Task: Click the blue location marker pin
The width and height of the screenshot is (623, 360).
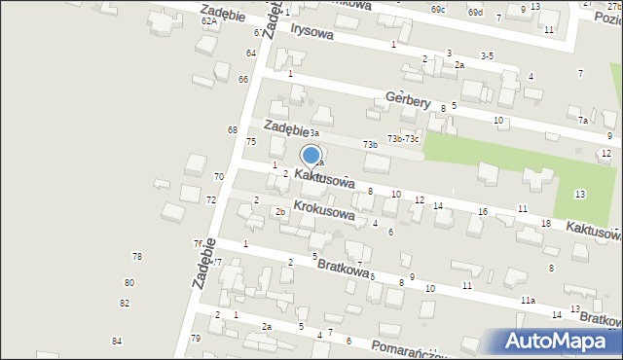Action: point(311,156)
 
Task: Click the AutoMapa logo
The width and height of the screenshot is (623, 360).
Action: point(560,341)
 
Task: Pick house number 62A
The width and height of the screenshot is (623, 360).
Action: point(209,20)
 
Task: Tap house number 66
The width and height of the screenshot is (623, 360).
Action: point(243,79)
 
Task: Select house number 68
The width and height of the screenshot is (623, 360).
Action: point(233,130)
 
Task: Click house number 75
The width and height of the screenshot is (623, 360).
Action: point(251,142)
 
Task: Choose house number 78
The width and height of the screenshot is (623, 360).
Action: point(137,256)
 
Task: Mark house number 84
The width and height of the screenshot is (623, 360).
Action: point(117,341)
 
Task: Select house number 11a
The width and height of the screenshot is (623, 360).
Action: point(528,301)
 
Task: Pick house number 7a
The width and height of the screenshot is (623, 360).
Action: point(583,121)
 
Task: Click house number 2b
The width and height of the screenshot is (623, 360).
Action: point(279,211)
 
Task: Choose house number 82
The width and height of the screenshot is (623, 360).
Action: point(125,303)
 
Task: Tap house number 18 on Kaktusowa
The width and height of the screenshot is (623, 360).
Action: point(545,224)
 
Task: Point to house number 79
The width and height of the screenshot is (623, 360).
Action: point(196,339)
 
